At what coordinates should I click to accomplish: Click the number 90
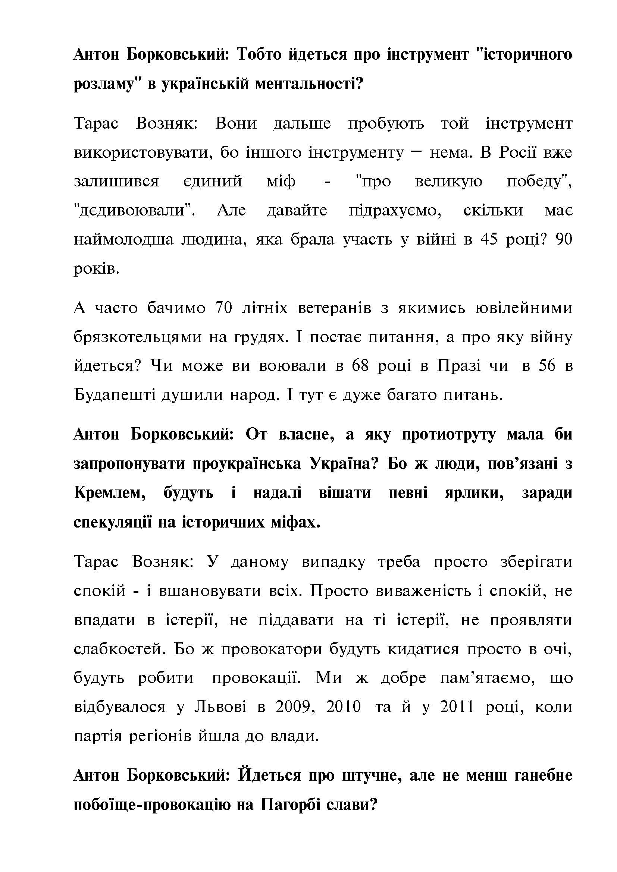[x=563, y=239]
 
